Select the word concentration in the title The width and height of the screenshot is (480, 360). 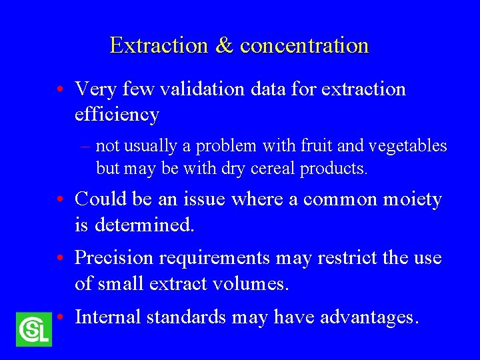304,45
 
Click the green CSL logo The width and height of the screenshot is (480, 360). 33,329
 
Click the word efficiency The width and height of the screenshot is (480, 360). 117,115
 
